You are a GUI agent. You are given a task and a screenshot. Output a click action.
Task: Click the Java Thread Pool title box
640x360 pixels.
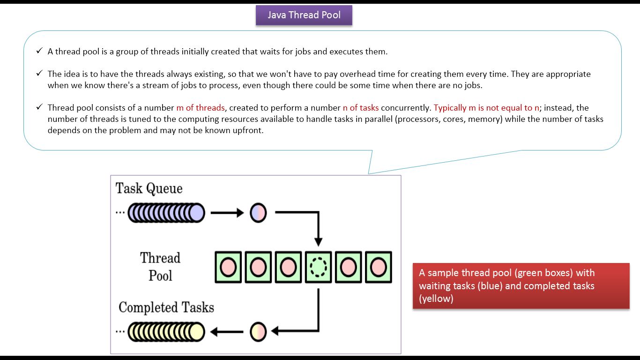(x=304, y=15)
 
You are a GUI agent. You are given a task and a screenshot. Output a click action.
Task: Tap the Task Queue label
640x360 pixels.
(x=149, y=188)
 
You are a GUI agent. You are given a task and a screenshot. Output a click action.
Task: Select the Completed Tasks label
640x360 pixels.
(x=166, y=307)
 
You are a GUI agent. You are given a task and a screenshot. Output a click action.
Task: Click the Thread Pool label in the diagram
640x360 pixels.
(x=160, y=267)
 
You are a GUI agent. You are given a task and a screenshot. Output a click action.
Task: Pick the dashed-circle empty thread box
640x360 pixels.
(x=318, y=267)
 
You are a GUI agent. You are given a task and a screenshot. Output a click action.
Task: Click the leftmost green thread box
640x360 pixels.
(x=228, y=267)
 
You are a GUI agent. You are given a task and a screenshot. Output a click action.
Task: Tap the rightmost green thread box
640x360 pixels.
(x=378, y=267)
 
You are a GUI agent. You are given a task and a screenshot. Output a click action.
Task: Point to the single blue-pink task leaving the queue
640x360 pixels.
(x=258, y=213)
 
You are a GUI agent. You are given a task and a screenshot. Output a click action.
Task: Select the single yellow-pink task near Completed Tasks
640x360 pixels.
(x=258, y=331)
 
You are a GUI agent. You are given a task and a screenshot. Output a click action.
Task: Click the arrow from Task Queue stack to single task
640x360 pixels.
(x=227, y=213)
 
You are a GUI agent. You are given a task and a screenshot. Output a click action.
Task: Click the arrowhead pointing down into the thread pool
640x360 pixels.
(x=318, y=241)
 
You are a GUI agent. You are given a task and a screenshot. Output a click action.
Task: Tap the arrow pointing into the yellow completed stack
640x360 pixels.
(x=227, y=332)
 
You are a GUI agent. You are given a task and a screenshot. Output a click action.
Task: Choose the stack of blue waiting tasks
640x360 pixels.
(x=166, y=213)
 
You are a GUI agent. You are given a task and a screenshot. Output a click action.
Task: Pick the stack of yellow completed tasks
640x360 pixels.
(x=166, y=331)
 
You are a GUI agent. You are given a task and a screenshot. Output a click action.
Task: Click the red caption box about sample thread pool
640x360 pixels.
(x=521, y=285)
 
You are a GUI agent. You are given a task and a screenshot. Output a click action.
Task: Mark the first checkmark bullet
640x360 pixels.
(x=39, y=51)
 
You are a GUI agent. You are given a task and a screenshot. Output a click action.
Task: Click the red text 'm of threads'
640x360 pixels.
(x=201, y=108)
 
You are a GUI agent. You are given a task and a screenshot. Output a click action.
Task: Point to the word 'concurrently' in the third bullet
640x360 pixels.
(x=406, y=108)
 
